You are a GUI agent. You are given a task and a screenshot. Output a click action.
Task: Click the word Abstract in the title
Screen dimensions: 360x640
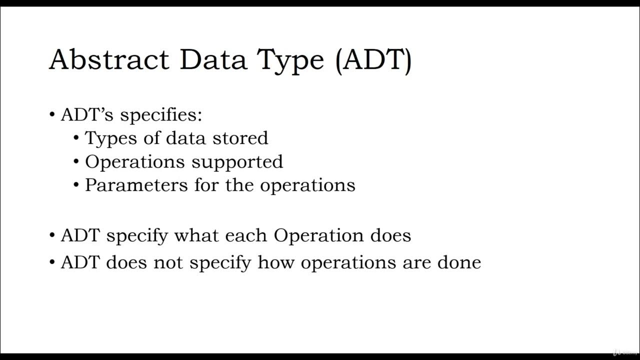tap(109, 59)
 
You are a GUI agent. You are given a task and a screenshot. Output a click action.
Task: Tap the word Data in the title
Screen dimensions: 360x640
tap(213, 59)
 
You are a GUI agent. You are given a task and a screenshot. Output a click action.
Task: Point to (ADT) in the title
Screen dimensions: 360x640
tap(373, 59)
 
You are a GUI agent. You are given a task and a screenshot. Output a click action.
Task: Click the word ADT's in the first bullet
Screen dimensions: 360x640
tap(87, 114)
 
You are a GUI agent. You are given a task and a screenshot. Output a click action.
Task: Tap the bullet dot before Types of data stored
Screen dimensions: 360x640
tap(76, 138)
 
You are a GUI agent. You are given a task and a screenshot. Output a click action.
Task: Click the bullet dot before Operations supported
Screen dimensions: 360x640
tap(76, 161)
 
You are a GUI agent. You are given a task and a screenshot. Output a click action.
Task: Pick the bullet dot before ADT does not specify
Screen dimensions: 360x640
tap(52, 262)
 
